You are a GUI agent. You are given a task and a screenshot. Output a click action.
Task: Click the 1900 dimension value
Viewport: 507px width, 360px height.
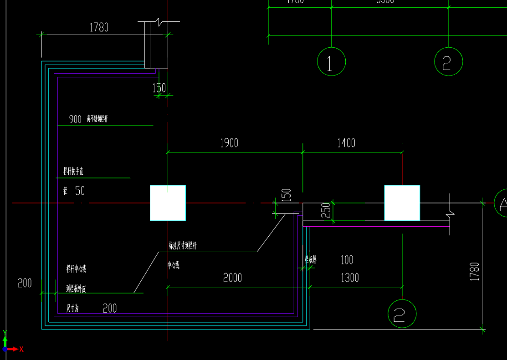pyautogui.click(x=229, y=143)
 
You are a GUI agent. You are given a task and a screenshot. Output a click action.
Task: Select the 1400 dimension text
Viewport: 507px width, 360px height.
pyautogui.click(x=346, y=143)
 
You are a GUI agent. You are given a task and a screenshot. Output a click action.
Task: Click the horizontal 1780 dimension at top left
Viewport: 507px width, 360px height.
pyautogui.click(x=99, y=27)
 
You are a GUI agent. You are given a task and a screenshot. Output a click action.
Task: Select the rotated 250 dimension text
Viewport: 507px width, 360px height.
pyautogui.click(x=326, y=211)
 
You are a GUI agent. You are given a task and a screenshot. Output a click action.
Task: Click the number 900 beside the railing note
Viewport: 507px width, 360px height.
pyautogui.click(x=75, y=120)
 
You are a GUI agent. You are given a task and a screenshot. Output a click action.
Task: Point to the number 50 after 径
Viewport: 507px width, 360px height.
pyautogui.click(x=80, y=191)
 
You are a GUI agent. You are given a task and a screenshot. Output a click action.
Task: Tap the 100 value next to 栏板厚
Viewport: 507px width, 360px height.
pyautogui.click(x=347, y=260)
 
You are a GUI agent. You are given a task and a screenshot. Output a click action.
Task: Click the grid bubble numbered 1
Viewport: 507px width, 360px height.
pyautogui.click(x=331, y=61)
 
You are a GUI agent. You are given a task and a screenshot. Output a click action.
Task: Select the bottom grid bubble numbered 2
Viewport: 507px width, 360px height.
pyautogui.click(x=402, y=313)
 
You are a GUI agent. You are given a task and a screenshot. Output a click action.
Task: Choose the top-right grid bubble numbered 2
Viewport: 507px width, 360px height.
pyautogui.click(x=449, y=61)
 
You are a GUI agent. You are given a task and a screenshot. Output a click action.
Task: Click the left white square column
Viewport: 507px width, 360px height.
pyautogui.click(x=168, y=203)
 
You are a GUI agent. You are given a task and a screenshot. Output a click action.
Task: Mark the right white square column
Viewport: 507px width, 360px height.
pyautogui.click(x=402, y=203)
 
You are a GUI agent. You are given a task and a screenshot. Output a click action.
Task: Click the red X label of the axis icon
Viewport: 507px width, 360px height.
pyautogui.click(x=21, y=349)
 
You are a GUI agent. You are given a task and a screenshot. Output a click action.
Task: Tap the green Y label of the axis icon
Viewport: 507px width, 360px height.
pyautogui.click(x=5, y=333)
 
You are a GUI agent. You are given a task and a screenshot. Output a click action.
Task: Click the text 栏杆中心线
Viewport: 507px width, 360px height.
pyautogui.click(x=76, y=269)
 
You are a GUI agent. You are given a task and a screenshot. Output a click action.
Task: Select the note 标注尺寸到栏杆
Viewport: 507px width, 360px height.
pyautogui.click(x=183, y=246)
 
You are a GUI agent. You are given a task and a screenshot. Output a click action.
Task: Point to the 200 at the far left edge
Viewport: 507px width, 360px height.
pyautogui.click(x=25, y=283)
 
